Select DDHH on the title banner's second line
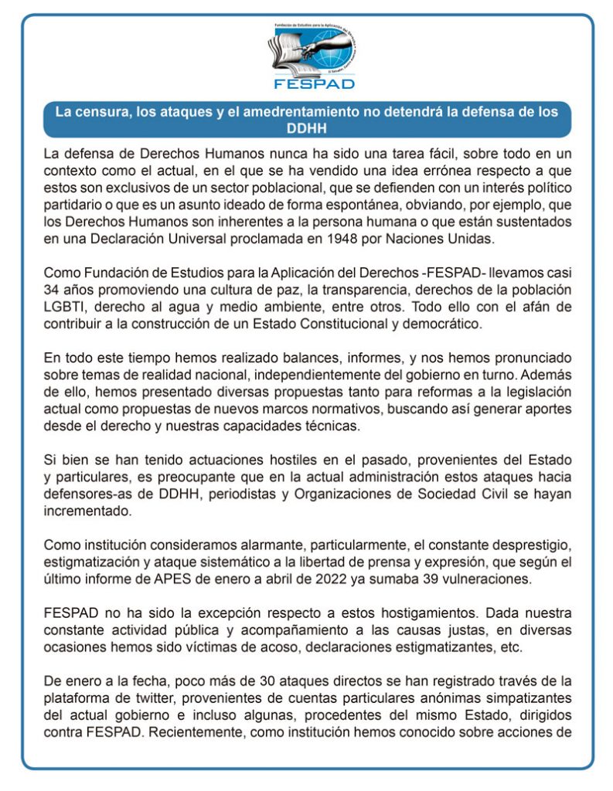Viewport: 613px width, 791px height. pyautogui.click(x=307, y=126)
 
